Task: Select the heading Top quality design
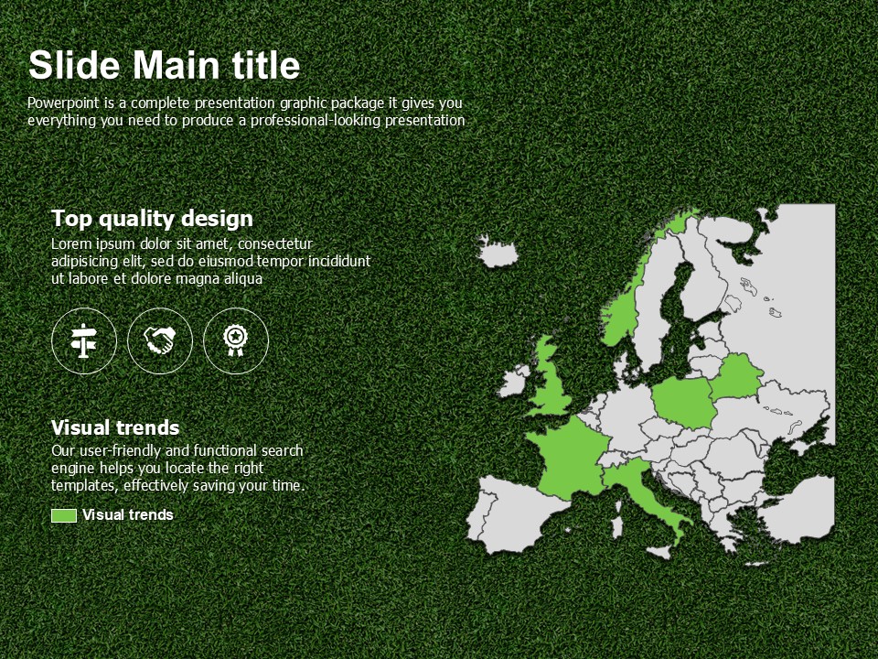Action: click(x=152, y=219)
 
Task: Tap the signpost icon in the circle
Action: click(x=84, y=340)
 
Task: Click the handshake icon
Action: click(x=159, y=340)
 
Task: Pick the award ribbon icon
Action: click(x=236, y=340)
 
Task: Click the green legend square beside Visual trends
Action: click(x=64, y=515)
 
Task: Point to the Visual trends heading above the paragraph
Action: click(x=115, y=428)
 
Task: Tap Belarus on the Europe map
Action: click(x=736, y=376)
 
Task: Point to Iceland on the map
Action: click(x=498, y=253)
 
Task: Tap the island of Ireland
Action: click(x=514, y=381)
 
